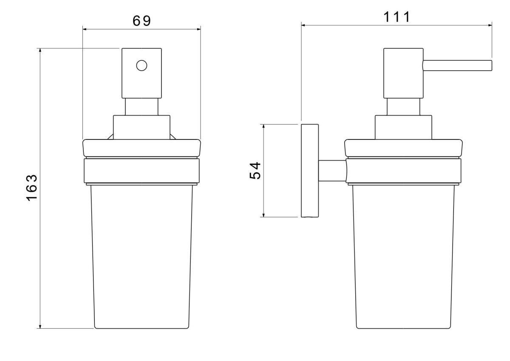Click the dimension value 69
(142, 21)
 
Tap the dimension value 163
(32, 188)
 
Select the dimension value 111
(397, 17)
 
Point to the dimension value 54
(255, 171)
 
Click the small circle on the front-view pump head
(142, 65)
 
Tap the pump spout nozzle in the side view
(457, 65)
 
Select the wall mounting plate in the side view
(310, 171)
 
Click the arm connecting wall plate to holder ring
(332, 171)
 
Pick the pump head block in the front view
(142, 73)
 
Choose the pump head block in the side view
(403, 73)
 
